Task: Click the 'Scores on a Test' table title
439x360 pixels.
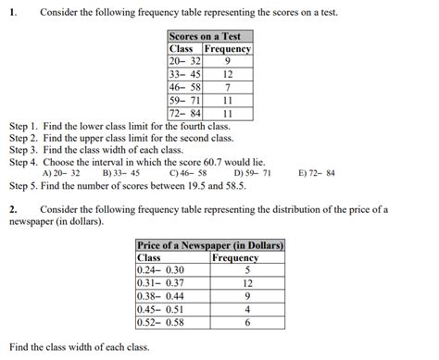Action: (x=209, y=36)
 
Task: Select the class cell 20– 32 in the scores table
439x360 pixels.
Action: (x=184, y=60)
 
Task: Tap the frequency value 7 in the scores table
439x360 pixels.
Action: (x=227, y=87)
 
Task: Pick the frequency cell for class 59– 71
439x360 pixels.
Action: (x=227, y=100)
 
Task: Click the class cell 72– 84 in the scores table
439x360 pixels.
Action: (x=184, y=114)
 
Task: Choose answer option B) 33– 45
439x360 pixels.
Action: (x=121, y=173)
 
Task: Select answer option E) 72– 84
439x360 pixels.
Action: (x=318, y=173)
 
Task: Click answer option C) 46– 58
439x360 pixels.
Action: (x=188, y=173)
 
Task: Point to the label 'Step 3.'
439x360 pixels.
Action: (x=24, y=149)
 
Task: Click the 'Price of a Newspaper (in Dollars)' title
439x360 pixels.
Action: (x=209, y=245)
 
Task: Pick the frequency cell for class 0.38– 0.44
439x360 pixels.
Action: (x=247, y=296)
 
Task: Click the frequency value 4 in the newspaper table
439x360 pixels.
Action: (x=247, y=309)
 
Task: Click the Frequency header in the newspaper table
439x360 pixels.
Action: (x=235, y=257)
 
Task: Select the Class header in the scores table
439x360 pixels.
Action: (x=181, y=48)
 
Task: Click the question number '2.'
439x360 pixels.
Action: (x=13, y=209)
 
